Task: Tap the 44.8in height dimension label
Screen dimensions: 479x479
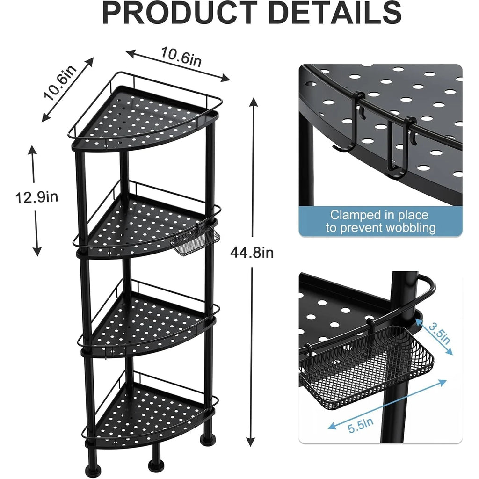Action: tap(252, 253)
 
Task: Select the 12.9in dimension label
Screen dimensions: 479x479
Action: tap(36, 197)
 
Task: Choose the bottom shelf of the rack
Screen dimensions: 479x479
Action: tap(150, 412)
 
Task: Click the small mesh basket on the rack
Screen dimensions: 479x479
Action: tap(192, 240)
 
